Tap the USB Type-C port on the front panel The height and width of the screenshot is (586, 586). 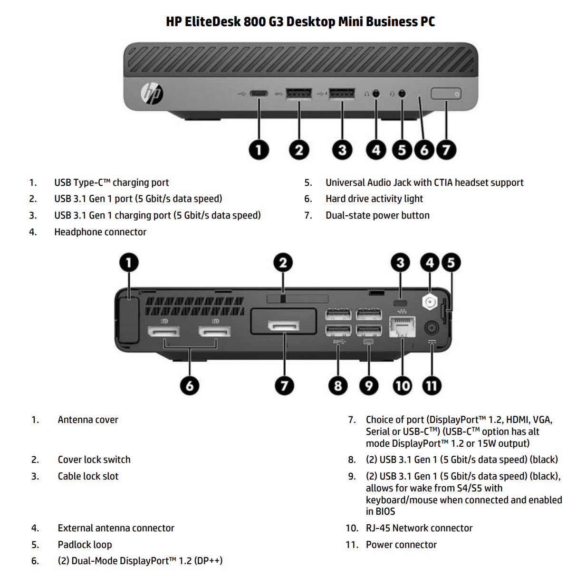(x=259, y=94)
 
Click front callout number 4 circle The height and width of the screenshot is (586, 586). (x=376, y=150)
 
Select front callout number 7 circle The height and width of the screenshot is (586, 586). (x=446, y=150)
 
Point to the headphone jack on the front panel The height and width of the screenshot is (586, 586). (x=376, y=94)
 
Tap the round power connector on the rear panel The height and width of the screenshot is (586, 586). (x=432, y=327)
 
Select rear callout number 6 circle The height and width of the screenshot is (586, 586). (x=189, y=385)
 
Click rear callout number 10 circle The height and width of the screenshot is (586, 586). (x=402, y=385)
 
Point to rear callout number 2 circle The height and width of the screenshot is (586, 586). (x=283, y=262)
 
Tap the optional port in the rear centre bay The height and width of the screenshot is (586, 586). (x=284, y=326)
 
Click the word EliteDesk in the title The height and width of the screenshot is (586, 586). (x=212, y=22)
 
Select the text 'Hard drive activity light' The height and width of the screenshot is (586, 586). (x=374, y=199)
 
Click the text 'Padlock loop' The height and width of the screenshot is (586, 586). (x=85, y=545)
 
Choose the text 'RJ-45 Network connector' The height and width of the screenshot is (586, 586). (x=419, y=528)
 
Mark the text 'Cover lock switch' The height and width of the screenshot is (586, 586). (x=94, y=460)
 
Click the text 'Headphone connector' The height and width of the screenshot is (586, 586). (x=100, y=232)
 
